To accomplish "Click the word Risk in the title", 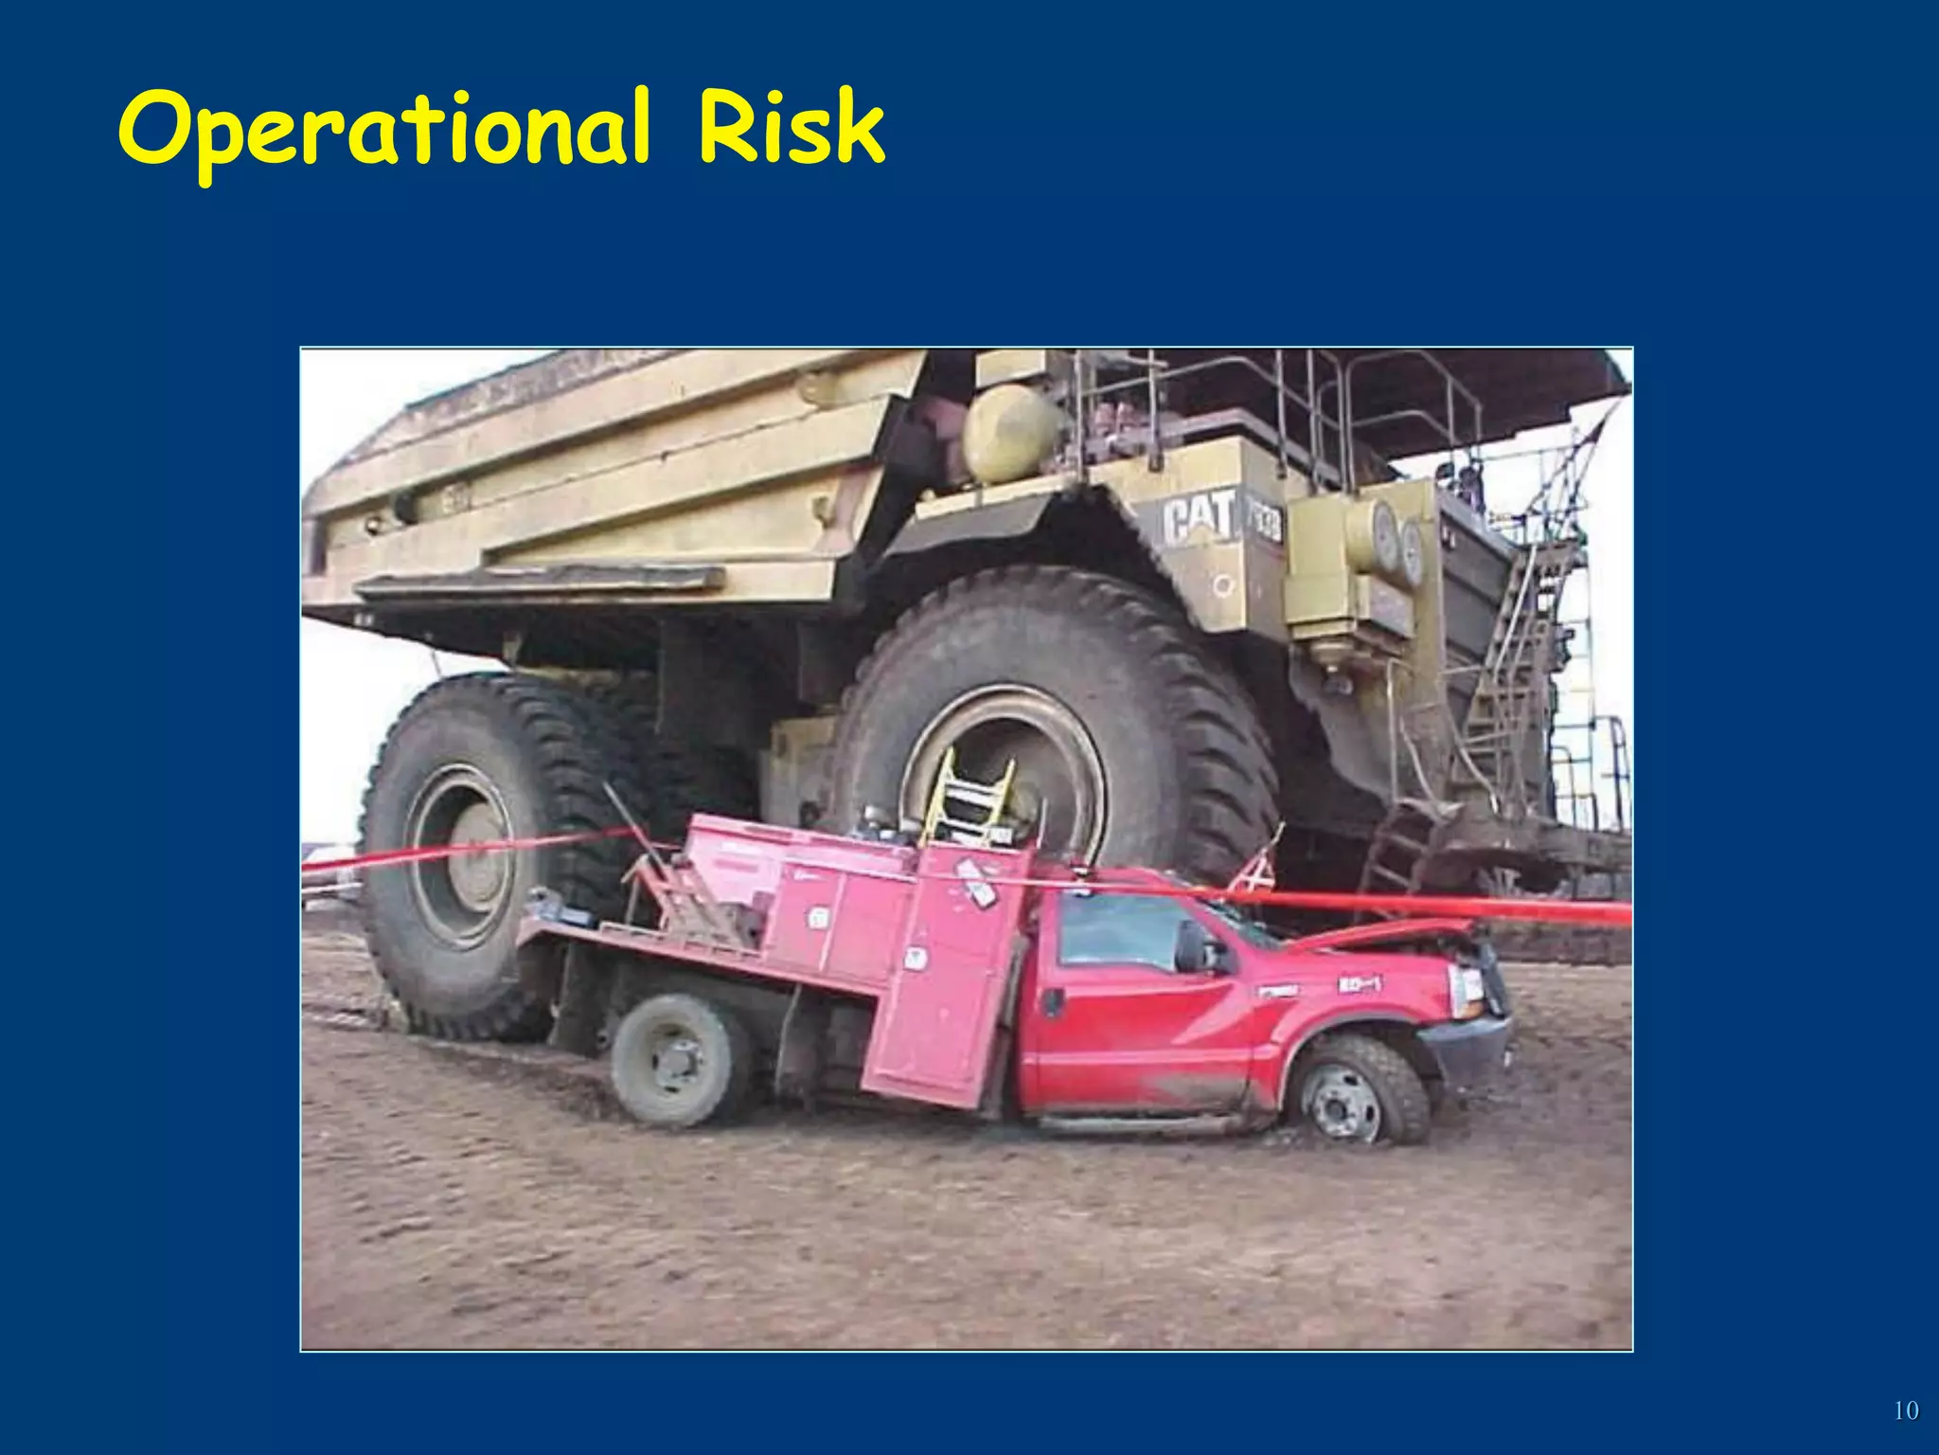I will point(791,128).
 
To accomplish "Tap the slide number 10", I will point(1905,1410).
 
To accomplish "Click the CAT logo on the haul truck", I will point(1201,518).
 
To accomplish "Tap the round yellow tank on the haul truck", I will point(1009,433).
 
